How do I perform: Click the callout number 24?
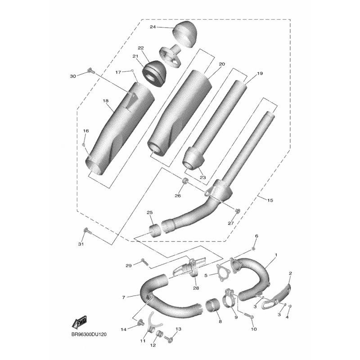(153, 27)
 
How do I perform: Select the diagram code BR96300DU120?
(89, 334)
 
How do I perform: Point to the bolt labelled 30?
(91, 71)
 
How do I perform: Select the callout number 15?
(270, 200)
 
